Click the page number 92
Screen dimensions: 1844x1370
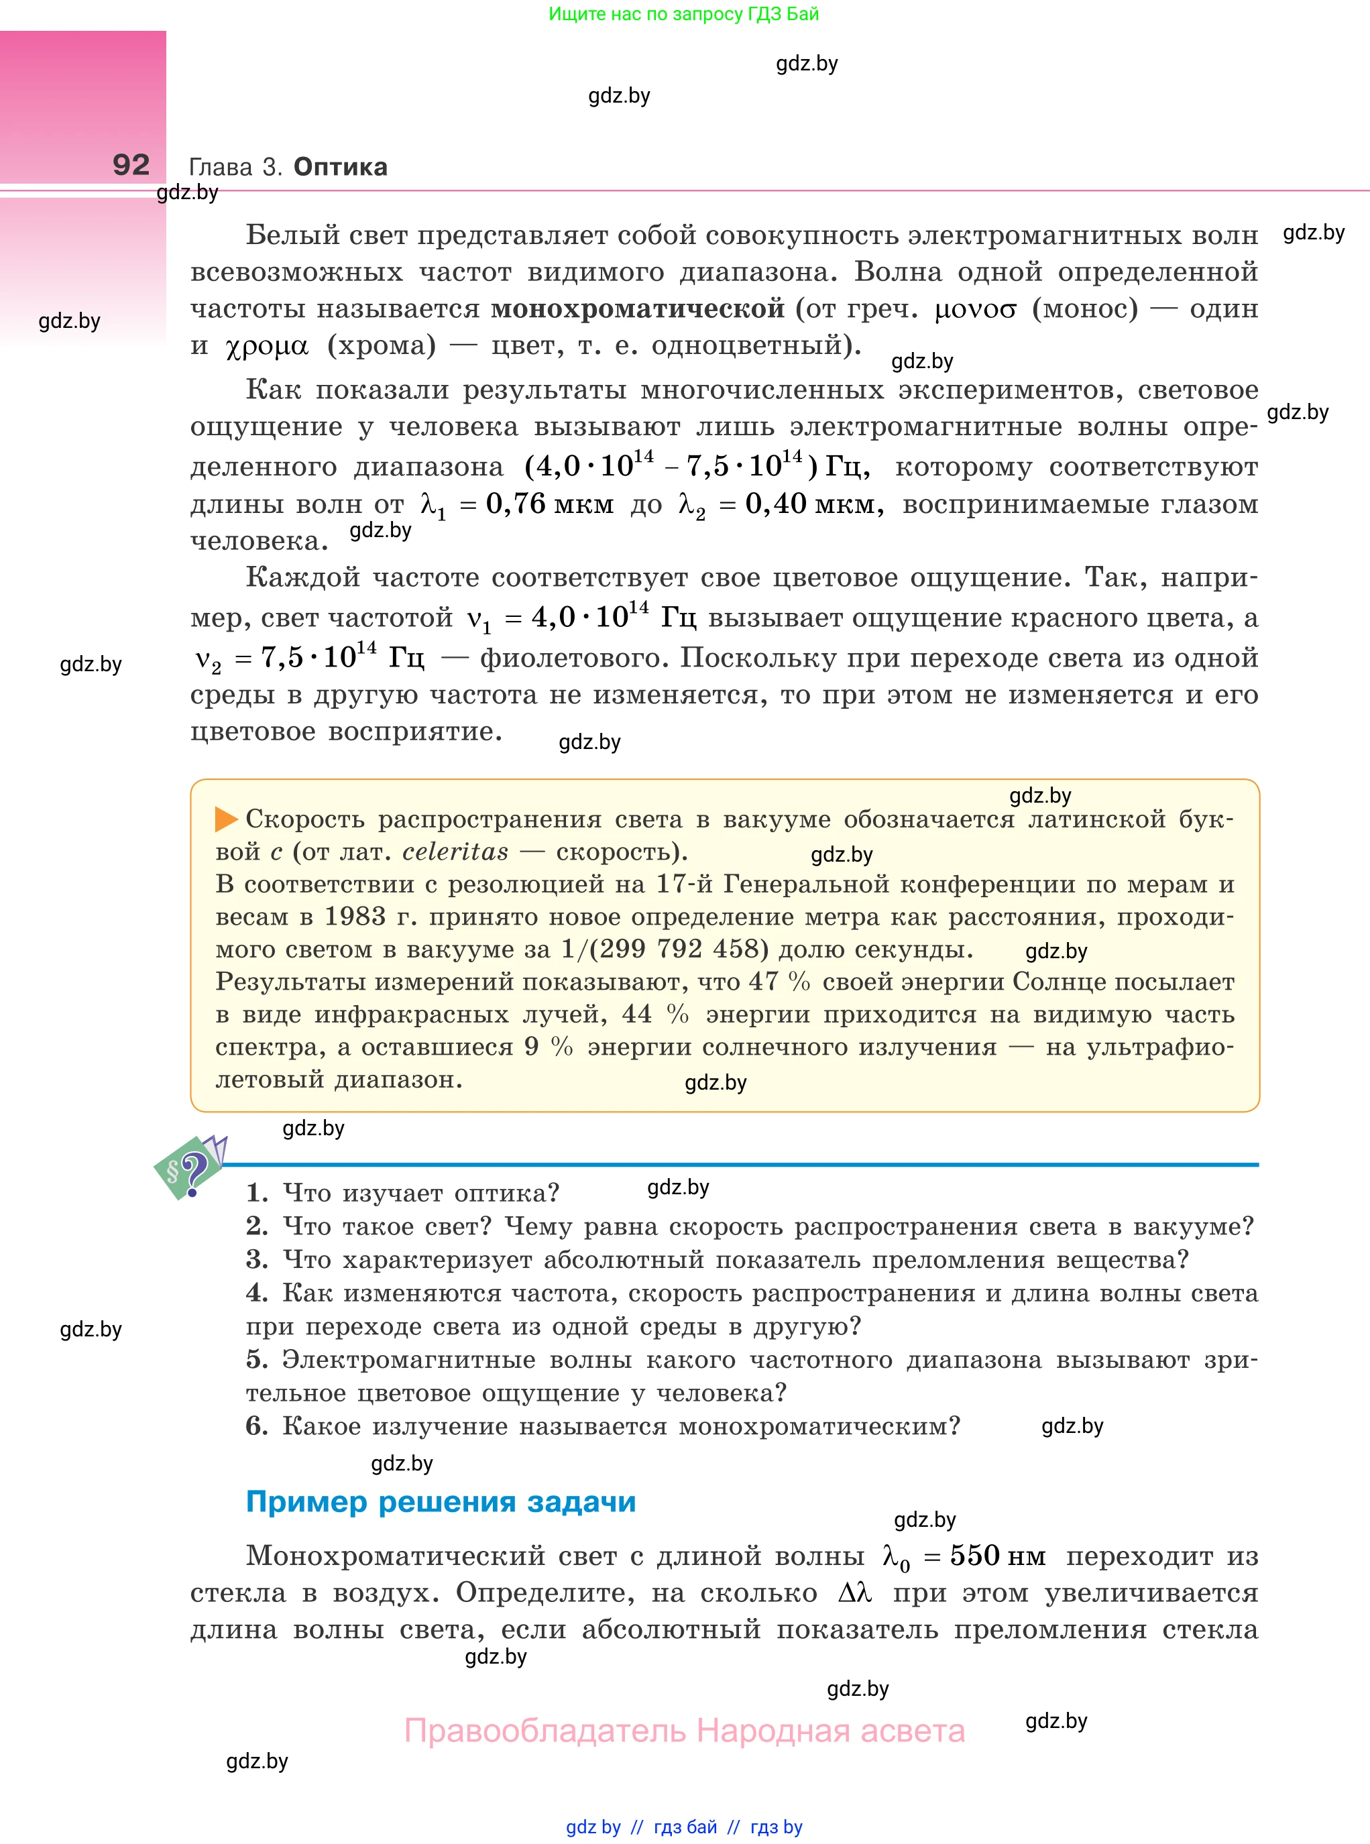click(x=131, y=165)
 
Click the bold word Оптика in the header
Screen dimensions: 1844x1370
click(x=340, y=167)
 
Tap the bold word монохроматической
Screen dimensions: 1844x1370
click(x=637, y=308)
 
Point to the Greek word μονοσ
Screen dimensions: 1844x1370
click(x=974, y=310)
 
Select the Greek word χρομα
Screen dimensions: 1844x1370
click(x=266, y=347)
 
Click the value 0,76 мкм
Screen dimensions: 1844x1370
click(x=549, y=504)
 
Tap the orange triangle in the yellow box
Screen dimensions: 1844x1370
click(x=225, y=819)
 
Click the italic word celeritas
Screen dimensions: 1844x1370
click(x=455, y=852)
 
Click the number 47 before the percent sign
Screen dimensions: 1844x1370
click(x=763, y=982)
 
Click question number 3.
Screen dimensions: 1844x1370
click(x=256, y=1259)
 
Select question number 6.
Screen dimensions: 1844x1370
click(x=256, y=1426)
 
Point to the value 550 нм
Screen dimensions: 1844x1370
click(x=996, y=1556)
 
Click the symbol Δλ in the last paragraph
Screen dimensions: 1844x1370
click(x=854, y=1593)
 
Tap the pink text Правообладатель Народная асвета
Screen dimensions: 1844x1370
click(x=684, y=1731)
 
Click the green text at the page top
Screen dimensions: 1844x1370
click(x=683, y=14)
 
